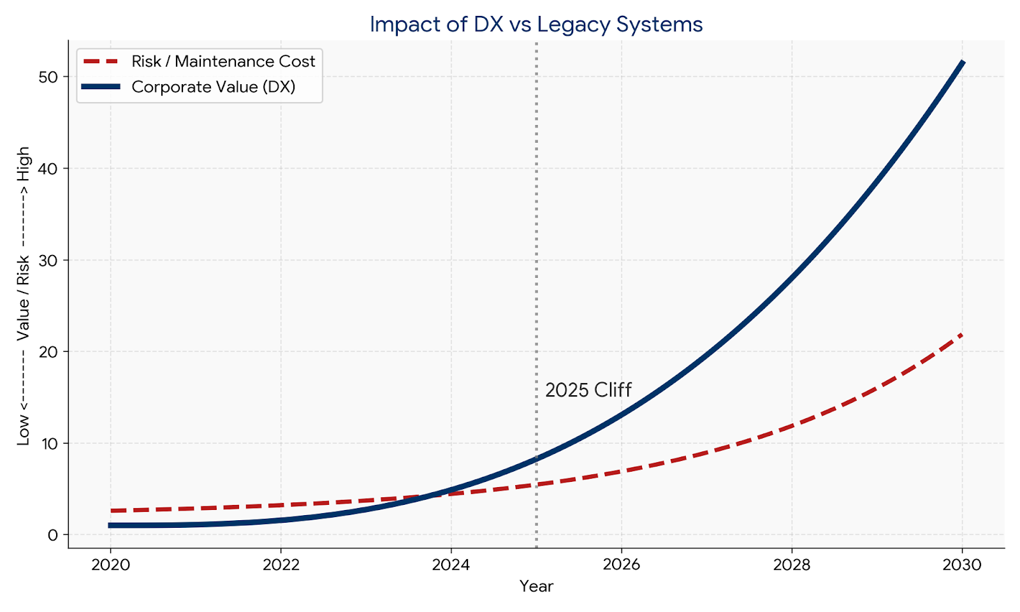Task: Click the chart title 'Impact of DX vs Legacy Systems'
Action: point(536,24)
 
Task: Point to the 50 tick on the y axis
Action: point(48,76)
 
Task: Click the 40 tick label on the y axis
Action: point(48,168)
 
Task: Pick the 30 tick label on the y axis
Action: point(48,260)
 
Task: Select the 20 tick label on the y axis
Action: point(48,351)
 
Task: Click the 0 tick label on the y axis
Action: point(52,535)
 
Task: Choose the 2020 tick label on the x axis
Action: point(110,565)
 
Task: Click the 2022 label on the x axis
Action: point(280,565)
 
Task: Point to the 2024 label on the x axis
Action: point(451,565)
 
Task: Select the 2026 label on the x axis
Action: point(621,565)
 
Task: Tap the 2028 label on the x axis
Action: point(792,565)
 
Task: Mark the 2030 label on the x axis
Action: point(962,565)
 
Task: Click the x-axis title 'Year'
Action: point(536,586)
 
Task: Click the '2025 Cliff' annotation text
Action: point(588,390)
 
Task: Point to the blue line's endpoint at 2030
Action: point(963,62)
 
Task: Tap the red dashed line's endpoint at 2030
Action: point(961,334)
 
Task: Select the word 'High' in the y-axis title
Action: point(24,163)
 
